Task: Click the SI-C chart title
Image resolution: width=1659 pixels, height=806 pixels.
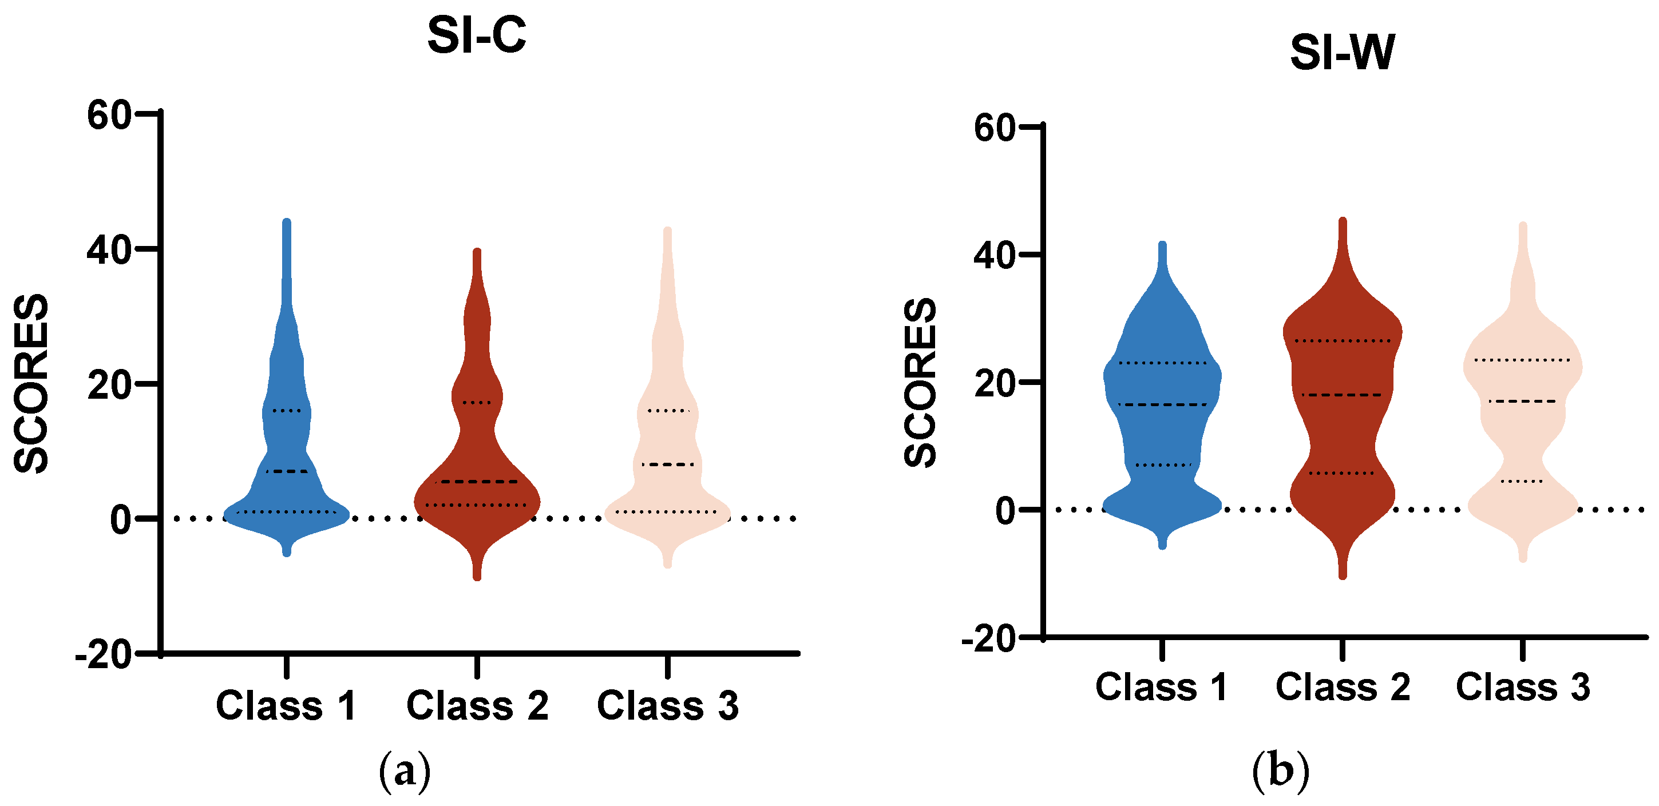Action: pos(477,36)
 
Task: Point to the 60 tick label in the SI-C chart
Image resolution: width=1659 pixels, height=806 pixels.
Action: pos(109,116)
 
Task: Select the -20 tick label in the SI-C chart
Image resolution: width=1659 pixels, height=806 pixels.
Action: pos(104,656)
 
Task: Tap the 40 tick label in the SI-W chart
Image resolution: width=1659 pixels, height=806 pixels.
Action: pos(995,256)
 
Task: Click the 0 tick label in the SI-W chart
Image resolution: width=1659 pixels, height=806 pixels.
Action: pos(1005,510)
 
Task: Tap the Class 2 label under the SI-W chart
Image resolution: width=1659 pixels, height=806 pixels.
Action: pos(1343,687)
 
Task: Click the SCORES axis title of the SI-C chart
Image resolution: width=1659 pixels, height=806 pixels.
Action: pos(31,384)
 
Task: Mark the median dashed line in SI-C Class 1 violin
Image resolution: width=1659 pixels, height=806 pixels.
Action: pos(287,471)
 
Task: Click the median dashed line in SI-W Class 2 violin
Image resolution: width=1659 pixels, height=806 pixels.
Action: pos(1341,395)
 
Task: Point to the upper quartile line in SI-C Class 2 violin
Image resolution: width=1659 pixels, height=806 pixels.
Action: pos(477,402)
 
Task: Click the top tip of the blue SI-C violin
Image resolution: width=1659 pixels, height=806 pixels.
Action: pos(287,222)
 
